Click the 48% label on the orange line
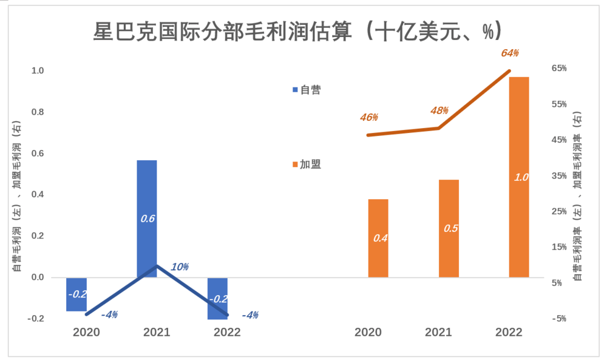439,110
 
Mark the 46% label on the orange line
368,117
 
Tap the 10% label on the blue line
180,267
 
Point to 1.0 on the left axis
38,71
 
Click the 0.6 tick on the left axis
38,154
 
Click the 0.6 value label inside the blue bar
147,218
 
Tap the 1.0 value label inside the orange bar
521,177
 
